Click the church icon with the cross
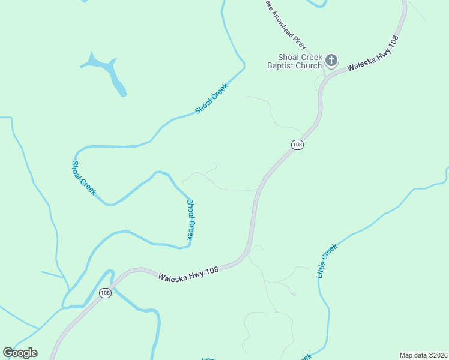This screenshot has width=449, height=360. tap(331, 60)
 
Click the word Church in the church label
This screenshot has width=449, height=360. tap(309, 65)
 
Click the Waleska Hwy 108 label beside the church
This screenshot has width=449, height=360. tap(373, 53)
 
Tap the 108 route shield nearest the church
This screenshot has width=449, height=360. tap(297, 145)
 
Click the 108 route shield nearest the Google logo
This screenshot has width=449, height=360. tap(105, 293)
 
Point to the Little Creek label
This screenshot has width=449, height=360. tap(327, 260)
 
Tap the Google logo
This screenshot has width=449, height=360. tap(20, 353)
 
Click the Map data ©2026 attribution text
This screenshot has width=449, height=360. tap(423, 355)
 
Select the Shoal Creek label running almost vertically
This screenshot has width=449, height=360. tap(190, 220)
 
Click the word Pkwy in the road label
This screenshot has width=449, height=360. tap(300, 43)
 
